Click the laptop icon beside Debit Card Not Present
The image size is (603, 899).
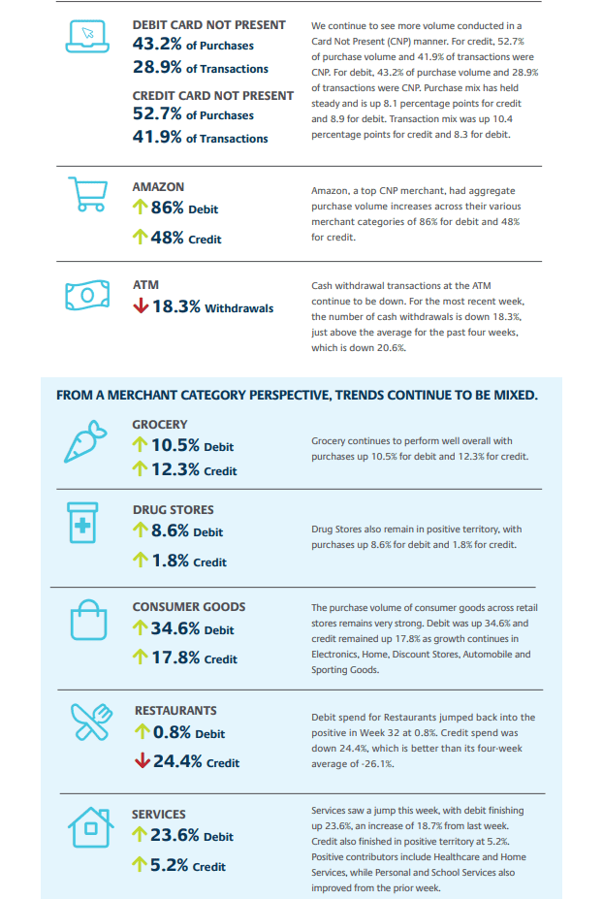87,37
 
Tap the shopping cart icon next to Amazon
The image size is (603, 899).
87,194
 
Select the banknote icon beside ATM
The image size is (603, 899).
87,295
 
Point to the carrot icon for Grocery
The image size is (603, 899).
85,441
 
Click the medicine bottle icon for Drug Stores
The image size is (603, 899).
82,523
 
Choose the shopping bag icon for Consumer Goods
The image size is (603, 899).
88,620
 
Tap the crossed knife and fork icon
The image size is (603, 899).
90,722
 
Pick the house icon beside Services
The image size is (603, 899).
90,827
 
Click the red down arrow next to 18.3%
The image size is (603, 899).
141,306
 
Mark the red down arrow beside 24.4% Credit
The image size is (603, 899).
143,761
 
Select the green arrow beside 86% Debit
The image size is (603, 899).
140,207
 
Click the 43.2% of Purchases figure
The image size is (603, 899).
193,45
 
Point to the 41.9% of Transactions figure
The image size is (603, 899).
200,137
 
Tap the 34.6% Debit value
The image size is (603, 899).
192,628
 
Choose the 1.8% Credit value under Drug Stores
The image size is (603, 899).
189,561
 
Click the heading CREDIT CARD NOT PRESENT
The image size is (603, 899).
213,96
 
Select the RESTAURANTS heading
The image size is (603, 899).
175,710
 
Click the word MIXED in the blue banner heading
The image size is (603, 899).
514,395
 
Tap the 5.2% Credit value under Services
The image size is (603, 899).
188,865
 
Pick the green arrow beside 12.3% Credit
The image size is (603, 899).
140,469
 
